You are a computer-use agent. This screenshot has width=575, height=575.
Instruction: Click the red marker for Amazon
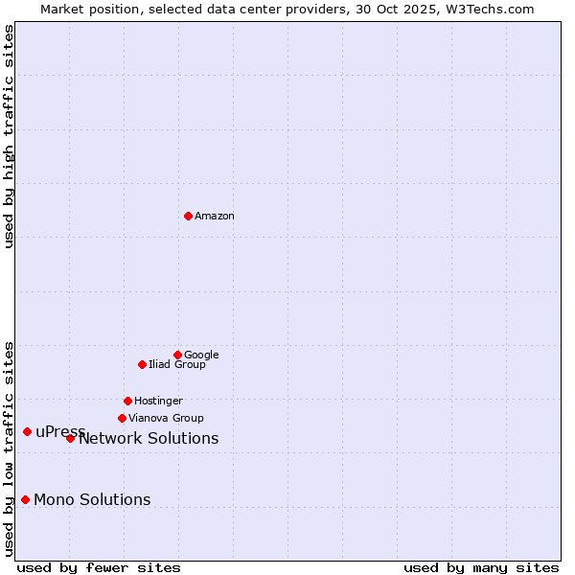[188, 216]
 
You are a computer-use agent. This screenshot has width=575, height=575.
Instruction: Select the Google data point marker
[177, 355]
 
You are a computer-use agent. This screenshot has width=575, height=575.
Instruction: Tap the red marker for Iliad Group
[142, 364]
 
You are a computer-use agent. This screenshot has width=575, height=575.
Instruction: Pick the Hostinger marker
[127, 401]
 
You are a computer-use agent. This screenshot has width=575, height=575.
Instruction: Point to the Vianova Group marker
[122, 418]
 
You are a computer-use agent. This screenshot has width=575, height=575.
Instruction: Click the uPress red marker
[27, 431]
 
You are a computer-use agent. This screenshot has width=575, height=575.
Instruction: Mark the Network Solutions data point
[70, 438]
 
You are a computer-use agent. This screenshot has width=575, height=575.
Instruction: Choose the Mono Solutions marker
[25, 499]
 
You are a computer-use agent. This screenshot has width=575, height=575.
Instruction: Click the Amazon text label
[215, 217]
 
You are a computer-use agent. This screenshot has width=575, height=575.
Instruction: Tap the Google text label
[201, 356]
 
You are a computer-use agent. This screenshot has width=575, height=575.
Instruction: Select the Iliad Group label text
[177, 365]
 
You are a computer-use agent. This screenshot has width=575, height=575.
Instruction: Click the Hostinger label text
[158, 402]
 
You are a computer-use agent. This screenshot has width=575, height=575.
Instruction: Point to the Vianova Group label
[166, 419]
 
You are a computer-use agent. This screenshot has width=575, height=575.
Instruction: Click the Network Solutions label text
[149, 439]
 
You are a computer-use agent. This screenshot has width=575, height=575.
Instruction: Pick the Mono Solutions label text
[92, 500]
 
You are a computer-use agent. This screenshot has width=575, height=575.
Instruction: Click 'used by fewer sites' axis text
[99, 567]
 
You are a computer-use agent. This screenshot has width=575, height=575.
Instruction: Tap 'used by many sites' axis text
[481, 567]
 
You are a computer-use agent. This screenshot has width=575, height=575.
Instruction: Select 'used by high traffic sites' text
[9, 136]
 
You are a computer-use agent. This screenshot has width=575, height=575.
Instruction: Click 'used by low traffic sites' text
[9, 448]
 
